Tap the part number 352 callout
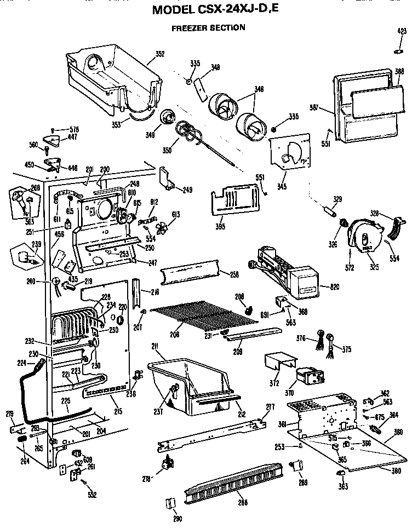[x=160, y=54]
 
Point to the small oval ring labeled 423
[x=399, y=51]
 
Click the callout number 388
[x=399, y=71]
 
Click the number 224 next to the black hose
[x=22, y=362]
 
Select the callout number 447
[x=72, y=137]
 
